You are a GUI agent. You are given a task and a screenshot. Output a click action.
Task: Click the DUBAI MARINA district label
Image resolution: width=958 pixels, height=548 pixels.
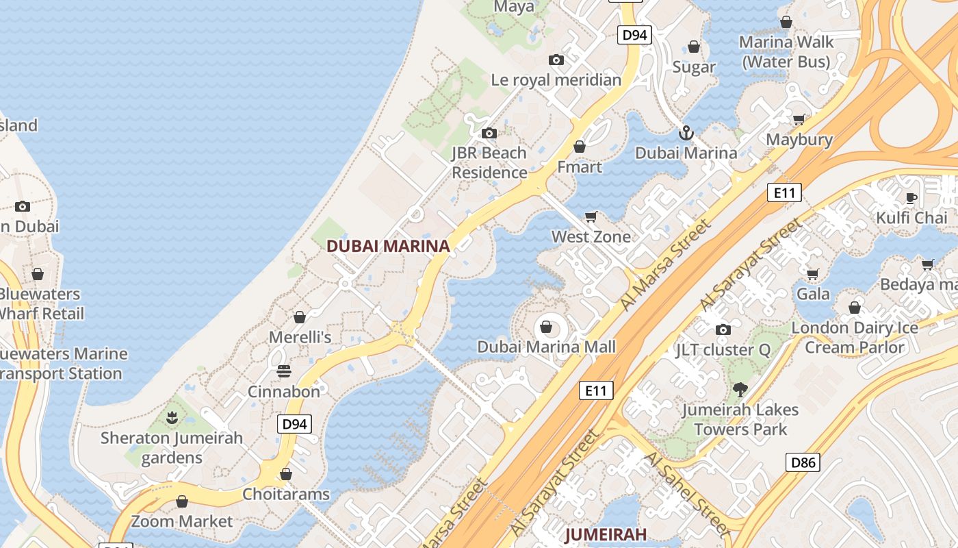click(388, 246)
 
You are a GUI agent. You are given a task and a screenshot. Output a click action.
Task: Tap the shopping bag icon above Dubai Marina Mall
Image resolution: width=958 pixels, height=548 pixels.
click(546, 327)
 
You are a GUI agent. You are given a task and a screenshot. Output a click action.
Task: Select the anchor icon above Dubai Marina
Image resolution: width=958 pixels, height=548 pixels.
click(686, 132)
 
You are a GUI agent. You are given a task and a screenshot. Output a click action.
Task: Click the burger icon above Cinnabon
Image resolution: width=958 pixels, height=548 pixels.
click(284, 371)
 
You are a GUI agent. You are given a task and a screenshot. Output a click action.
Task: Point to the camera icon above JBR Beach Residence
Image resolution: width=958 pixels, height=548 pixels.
click(489, 133)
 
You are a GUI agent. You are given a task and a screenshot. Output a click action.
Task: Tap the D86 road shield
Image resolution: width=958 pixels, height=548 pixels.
click(803, 462)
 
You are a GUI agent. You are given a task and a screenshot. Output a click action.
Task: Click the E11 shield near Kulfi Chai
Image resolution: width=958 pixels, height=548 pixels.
click(784, 192)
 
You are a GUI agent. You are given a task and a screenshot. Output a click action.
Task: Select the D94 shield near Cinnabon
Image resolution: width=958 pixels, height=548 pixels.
click(295, 424)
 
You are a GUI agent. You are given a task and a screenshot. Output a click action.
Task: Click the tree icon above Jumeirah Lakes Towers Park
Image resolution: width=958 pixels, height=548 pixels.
click(739, 390)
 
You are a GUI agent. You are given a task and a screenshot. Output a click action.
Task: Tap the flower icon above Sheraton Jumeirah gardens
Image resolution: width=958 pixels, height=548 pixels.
click(172, 417)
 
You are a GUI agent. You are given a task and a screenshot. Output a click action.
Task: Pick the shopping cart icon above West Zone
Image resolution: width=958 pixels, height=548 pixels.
click(591, 216)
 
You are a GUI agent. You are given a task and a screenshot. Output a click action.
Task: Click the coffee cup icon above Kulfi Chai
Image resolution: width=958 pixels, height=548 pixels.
click(911, 198)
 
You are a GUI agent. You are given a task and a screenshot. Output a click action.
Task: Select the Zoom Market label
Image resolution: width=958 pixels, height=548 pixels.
click(182, 521)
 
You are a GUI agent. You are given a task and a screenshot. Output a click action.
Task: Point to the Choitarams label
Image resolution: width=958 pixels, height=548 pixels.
click(286, 494)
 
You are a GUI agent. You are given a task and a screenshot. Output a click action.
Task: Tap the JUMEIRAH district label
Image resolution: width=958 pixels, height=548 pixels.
click(606, 534)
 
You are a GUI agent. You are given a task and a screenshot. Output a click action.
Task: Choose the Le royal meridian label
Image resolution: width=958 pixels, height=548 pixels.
click(556, 79)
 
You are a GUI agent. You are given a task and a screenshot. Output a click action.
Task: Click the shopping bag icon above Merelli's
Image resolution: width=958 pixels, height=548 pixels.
click(299, 317)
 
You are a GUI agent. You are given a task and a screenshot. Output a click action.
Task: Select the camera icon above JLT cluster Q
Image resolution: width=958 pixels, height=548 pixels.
click(723, 329)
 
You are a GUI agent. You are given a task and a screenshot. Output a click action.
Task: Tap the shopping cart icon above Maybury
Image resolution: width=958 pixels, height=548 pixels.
click(799, 119)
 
